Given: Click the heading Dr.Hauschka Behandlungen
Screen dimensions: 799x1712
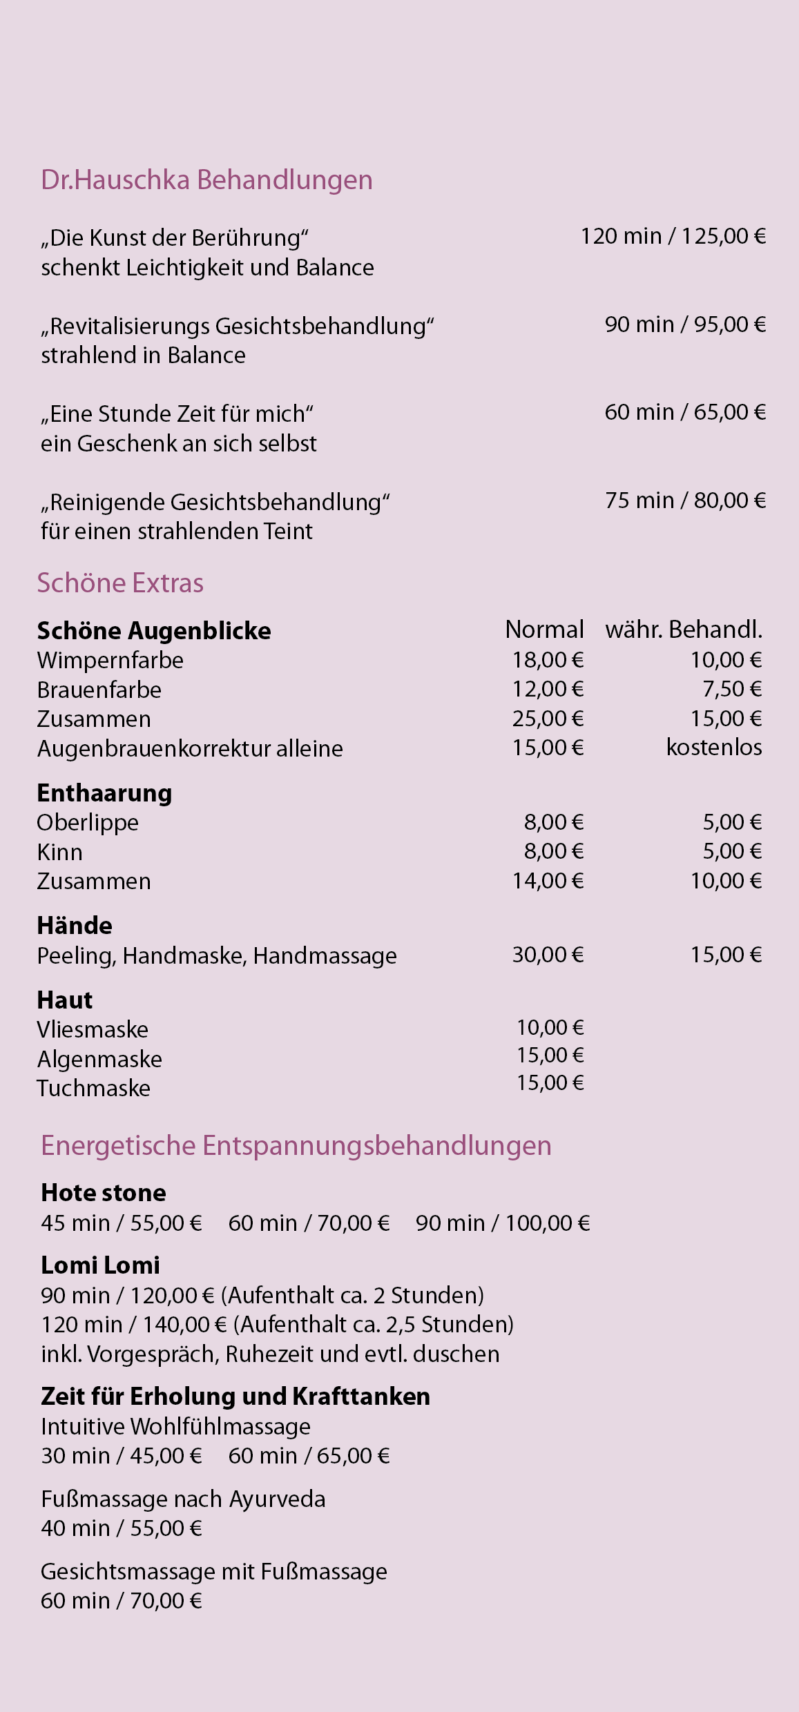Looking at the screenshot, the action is (206, 180).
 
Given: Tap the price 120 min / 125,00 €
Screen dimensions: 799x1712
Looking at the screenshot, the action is (673, 237).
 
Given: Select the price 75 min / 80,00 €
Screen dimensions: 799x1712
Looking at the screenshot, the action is (685, 500).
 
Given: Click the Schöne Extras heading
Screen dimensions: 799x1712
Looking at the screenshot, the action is (120, 583).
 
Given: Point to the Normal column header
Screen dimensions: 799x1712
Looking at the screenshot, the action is (544, 630).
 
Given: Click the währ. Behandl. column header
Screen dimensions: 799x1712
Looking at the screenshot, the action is (684, 630).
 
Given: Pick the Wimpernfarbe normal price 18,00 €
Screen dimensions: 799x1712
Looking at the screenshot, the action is (548, 660).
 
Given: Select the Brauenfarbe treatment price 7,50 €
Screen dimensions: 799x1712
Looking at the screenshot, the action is (732, 689).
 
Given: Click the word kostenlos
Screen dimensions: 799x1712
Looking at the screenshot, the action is (714, 748).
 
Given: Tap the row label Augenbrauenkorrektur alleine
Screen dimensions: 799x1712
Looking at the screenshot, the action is (190, 749).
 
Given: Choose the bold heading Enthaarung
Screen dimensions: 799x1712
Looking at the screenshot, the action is (104, 793).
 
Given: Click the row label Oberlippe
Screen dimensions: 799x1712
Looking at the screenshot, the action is (88, 823).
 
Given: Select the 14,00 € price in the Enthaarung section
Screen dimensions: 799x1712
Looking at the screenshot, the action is (548, 881).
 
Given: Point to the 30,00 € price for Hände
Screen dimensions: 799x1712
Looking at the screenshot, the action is (548, 955).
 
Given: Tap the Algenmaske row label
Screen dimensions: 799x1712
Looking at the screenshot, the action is (99, 1060).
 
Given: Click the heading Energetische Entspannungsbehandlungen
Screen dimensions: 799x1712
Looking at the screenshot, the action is (296, 1146).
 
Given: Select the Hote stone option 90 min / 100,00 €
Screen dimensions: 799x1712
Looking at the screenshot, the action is (503, 1223).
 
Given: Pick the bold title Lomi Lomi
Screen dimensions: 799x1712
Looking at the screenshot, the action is (100, 1265).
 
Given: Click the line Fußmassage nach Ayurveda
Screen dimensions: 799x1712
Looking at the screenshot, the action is (183, 1499).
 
